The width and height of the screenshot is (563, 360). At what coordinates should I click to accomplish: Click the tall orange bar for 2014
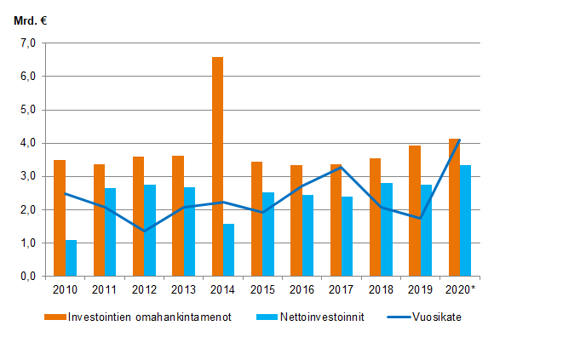click(x=217, y=167)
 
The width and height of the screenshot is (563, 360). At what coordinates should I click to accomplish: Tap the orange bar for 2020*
click(x=454, y=208)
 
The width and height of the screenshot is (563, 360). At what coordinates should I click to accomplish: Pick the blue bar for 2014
click(x=228, y=250)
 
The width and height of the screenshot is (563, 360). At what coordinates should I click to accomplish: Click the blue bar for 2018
click(x=386, y=230)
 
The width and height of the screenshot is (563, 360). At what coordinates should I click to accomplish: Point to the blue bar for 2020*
click(x=465, y=220)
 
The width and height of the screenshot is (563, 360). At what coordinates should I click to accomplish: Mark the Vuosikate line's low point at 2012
click(x=144, y=231)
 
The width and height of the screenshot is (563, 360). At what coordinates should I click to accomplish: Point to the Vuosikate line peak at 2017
click(x=341, y=168)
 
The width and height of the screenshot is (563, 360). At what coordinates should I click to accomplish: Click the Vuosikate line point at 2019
click(x=420, y=219)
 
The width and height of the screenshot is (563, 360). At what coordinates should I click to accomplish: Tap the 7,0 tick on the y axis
click(x=27, y=43)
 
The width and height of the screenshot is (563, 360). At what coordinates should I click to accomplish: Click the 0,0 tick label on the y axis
click(x=27, y=277)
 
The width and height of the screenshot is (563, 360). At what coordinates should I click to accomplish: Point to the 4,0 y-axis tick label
click(x=27, y=143)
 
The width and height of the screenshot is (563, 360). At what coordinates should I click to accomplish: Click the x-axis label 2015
click(x=262, y=290)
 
